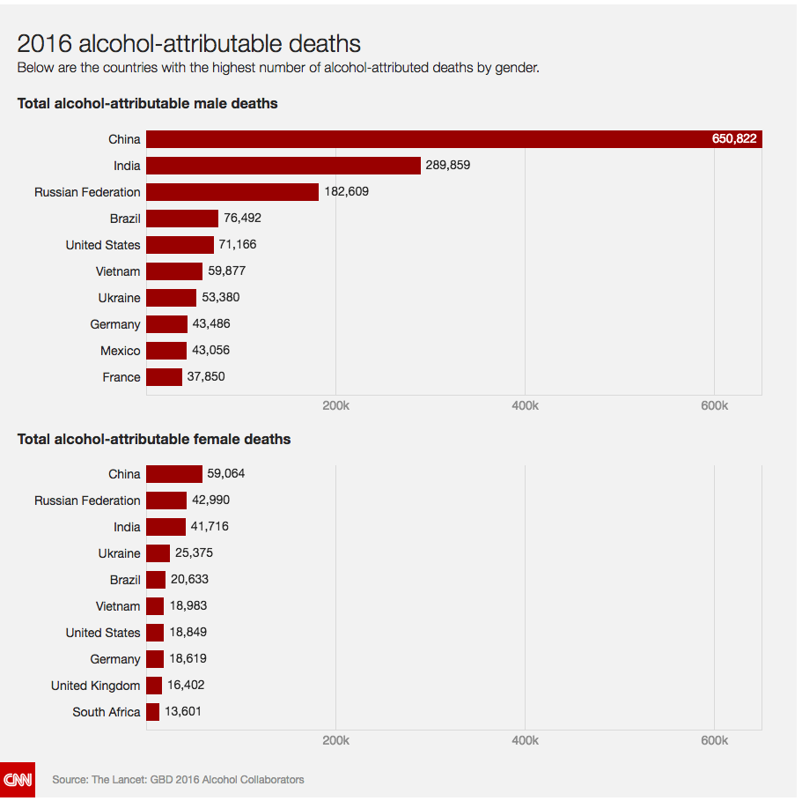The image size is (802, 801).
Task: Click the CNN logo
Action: pyautogui.click(x=18, y=780)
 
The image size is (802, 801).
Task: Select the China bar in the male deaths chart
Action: pyautogui.click(x=453, y=139)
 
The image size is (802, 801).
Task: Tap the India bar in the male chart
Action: pyautogui.click(x=283, y=166)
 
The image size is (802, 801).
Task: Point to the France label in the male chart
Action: pyautogui.click(x=121, y=377)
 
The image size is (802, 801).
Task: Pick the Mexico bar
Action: pyautogui.click(x=166, y=351)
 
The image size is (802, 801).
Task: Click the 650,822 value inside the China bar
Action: pyautogui.click(x=734, y=139)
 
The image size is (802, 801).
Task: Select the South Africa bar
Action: pyautogui.click(x=153, y=712)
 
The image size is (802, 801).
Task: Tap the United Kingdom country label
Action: pyautogui.click(x=95, y=686)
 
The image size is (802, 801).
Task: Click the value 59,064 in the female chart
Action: pyautogui.click(x=225, y=474)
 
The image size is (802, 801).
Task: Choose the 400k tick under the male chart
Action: pyautogui.click(x=525, y=406)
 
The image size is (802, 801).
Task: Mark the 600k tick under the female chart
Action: pyautogui.click(x=714, y=741)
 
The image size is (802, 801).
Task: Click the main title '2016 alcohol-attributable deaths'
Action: pyautogui.click(x=188, y=44)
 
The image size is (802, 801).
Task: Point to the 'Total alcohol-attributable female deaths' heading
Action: pyautogui.click(x=154, y=439)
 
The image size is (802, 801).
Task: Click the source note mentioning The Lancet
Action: pyautogui.click(x=178, y=780)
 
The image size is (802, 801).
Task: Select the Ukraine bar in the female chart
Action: pyautogui.click(x=158, y=553)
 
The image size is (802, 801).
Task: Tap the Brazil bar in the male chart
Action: pyautogui.click(x=182, y=219)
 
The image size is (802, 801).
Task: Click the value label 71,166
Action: pyautogui.click(x=238, y=245)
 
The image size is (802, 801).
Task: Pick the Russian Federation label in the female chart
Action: pyautogui.click(x=87, y=501)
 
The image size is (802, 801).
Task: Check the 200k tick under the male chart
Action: pyautogui.click(x=335, y=406)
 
